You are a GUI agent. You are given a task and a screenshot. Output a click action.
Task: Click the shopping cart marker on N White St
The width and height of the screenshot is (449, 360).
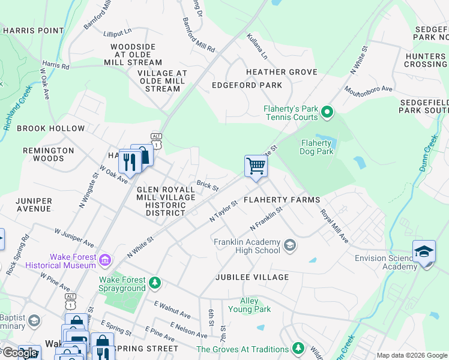tap(256, 166)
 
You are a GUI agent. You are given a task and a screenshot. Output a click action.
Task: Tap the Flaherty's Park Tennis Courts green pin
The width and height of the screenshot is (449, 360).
tap(327, 112)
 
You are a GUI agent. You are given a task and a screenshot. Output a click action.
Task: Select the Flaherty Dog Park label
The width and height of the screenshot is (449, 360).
tap(316, 147)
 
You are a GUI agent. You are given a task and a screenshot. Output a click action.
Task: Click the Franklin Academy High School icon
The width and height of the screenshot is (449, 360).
tap(290, 245)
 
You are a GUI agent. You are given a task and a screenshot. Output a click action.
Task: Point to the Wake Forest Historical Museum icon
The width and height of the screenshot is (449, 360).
tap(106, 260)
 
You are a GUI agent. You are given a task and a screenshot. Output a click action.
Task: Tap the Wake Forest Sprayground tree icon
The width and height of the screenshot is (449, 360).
tap(155, 282)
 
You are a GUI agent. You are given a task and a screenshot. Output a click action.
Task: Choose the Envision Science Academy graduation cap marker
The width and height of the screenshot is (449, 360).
tap(424, 252)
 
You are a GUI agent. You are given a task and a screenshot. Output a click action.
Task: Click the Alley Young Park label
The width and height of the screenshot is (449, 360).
tap(250, 305)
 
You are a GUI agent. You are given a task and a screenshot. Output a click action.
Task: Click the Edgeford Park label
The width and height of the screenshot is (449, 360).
tap(247, 85)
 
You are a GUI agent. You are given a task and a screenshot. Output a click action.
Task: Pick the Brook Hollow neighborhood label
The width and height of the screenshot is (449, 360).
tap(50, 128)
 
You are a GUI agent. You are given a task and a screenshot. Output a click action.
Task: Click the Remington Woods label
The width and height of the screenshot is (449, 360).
tap(49, 155)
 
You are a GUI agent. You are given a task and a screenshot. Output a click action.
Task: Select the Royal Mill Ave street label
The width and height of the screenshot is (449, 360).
tap(334, 226)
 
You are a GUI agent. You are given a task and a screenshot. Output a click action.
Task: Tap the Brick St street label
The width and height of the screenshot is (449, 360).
tap(208, 187)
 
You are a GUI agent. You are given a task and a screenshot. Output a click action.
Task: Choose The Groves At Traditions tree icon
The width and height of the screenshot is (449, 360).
tap(298, 348)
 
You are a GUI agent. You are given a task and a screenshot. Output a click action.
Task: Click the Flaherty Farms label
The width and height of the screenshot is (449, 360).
tap(282, 199)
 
